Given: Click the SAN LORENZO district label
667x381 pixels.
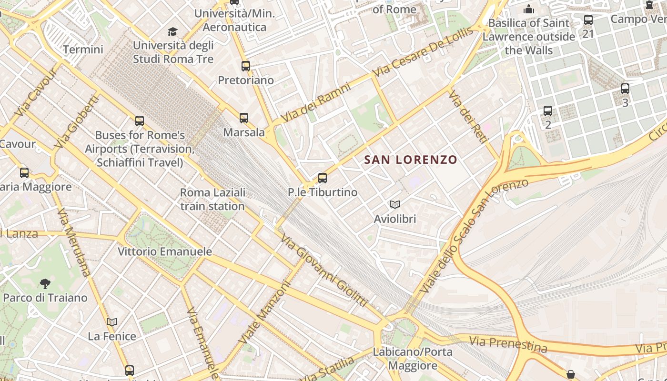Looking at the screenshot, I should [x=411, y=160].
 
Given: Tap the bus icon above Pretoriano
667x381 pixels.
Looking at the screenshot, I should [x=246, y=66].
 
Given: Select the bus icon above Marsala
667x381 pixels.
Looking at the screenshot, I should [x=244, y=118].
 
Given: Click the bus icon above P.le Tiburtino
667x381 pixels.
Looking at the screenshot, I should [x=323, y=178].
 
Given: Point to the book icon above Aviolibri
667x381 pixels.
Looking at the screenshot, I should [x=395, y=204].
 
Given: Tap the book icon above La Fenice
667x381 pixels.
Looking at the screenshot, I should [x=112, y=322].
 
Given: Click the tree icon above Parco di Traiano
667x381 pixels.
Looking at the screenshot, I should [x=45, y=284].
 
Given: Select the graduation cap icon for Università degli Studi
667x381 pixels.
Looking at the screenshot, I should [x=172, y=32].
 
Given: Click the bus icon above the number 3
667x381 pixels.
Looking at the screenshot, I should [x=625, y=89].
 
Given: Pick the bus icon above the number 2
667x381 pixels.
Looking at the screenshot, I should [x=548, y=111].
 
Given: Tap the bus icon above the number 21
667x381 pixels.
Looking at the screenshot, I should [x=588, y=20].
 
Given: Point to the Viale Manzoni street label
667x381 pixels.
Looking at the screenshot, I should [x=264, y=313].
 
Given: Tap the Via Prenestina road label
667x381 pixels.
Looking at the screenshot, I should [x=508, y=344].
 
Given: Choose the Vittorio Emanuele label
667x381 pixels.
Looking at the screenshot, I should [x=165, y=251].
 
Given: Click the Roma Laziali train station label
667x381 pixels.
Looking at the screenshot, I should [x=212, y=199].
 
